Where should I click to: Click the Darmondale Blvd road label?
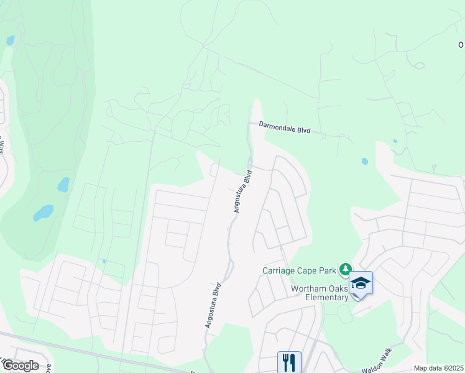[x=284, y=128]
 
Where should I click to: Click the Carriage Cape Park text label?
[x=298, y=270]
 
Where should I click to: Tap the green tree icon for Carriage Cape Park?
[x=344, y=270]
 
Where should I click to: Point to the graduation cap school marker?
[x=361, y=283]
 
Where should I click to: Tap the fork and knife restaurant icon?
[x=289, y=361]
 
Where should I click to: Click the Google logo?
[x=21, y=366]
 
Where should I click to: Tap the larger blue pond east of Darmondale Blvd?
[x=364, y=162]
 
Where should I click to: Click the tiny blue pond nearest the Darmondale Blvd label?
[x=395, y=141]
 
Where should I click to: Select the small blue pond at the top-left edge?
[x=10, y=41]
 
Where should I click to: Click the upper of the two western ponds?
[x=63, y=185]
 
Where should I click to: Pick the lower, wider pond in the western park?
[x=43, y=213]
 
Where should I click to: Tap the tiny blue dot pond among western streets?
[x=104, y=261]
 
